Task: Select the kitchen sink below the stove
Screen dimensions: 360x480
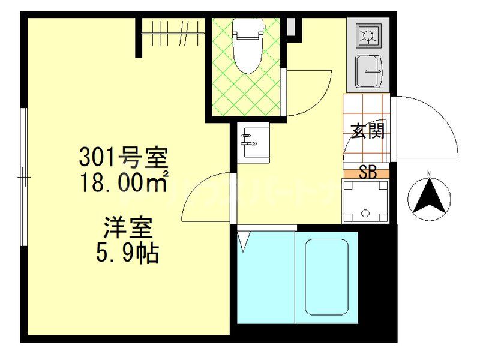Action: point(368,71)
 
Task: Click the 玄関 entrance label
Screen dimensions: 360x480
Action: point(367,131)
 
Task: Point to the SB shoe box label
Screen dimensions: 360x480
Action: point(367,173)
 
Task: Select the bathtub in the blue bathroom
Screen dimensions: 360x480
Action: point(326,277)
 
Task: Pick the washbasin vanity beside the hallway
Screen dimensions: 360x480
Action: point(253,143)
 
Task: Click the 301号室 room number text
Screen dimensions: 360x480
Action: point(124,158)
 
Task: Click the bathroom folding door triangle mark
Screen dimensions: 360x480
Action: point(243,241)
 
